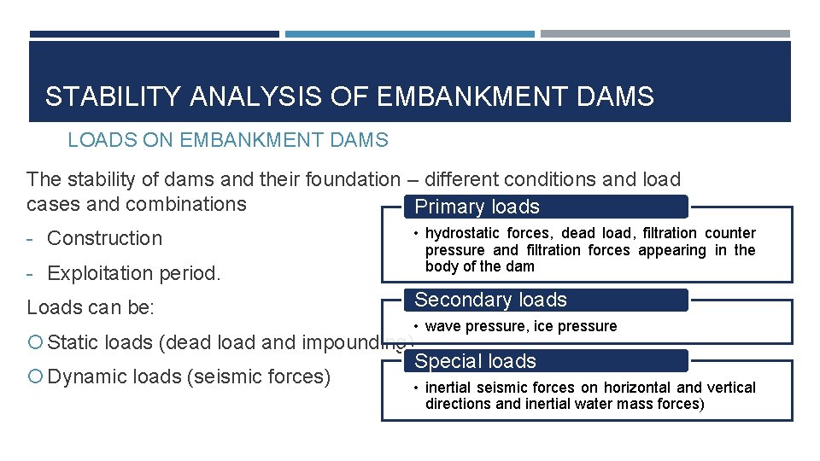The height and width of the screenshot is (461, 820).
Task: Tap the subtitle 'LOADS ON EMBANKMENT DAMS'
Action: pyautogui.click(x=228, y=140)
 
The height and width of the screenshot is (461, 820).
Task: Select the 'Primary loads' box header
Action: pyautogui.click(x=477, y=207)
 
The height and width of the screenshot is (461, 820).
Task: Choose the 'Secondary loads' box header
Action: pyautogui.click(x=490, y=301)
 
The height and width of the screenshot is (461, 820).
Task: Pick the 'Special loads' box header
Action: pyautogui.click(x=475, y=362)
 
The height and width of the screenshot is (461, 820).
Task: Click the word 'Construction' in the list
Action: pyautogui.click(x=104, y=239)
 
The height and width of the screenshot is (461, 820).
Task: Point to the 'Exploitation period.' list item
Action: pyautogui.click(x=133, y=274)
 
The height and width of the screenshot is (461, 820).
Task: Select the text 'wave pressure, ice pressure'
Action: pyautogui.click(x=520, y=327)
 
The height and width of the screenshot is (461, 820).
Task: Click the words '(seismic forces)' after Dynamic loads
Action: pyautogui.click(x=258, y=377)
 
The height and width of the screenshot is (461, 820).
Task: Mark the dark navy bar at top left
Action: pyautogui.click(x=154, y=35)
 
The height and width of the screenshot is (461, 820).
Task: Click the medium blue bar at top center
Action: pyautogui.click(x=409, y=35)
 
